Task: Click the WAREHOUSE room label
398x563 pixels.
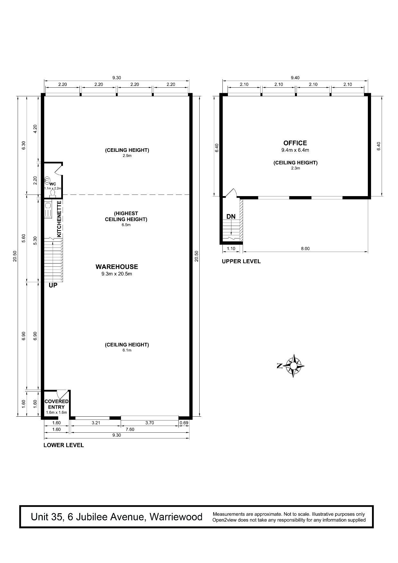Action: point(117,267)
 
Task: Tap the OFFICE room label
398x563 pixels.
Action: point(295,143)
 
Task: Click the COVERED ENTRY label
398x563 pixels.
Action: point(56,404)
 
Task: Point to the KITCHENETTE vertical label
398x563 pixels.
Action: point(59,219)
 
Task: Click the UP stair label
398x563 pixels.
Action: point(53,285)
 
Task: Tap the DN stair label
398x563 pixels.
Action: point(231,217)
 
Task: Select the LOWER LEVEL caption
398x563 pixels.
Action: point(64,445)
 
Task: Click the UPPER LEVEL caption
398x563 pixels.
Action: point(241,261)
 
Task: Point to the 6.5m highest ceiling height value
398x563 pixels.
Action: point(126,225)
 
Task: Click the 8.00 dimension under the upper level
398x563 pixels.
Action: point(305,248)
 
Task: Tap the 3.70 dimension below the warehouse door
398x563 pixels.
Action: point(150,423)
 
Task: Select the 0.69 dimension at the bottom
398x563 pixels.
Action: point(184,423)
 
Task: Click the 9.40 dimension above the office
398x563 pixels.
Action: point(295,78)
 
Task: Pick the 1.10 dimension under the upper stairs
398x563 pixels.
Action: point(231,248)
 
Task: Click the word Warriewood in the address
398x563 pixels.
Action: point(176,517)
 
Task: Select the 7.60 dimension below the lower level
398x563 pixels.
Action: point(130,429)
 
